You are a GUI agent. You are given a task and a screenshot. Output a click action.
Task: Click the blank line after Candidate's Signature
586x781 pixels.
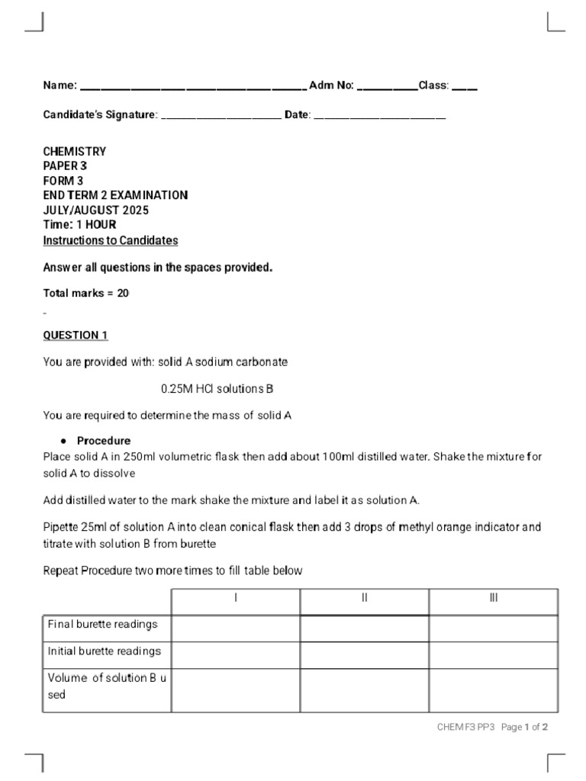(222, 117)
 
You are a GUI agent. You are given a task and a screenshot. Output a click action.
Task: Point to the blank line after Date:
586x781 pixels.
(380, 117)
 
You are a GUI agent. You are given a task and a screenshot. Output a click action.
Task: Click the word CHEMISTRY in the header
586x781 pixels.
(75, 152)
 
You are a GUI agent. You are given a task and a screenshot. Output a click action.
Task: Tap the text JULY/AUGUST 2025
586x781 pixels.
(96, 211)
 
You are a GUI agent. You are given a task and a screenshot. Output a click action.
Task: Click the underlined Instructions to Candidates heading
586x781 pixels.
(111, 240)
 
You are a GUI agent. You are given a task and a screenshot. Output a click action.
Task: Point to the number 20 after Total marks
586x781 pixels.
(124, 293)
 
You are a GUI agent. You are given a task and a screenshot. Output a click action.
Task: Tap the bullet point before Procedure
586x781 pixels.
(65, 442)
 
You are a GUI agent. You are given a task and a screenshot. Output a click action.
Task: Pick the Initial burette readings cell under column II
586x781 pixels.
(365, 652)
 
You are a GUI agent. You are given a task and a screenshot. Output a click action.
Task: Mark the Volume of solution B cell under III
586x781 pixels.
(494, 686)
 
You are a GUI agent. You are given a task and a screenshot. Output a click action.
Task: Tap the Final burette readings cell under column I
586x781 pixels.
(236, 627)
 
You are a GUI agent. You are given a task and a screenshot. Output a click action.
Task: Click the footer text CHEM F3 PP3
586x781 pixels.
(466, 728)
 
